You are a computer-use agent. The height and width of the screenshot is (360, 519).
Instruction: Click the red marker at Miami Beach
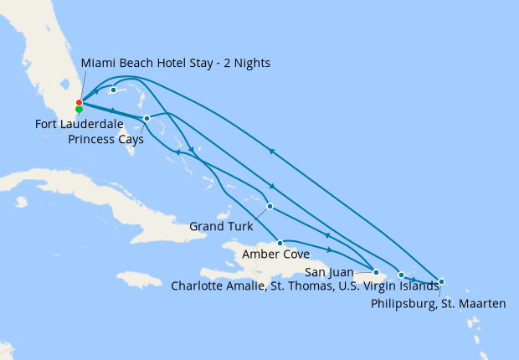click(x=79, y=103)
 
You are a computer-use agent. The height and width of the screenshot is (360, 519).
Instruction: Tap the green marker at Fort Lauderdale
click(x=79, y=110)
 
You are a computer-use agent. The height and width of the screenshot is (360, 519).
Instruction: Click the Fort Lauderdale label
click(x=83, y=125)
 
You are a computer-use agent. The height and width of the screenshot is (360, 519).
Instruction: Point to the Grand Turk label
click(x=219, y=225)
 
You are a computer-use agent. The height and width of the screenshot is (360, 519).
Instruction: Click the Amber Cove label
click(x=275, y=254)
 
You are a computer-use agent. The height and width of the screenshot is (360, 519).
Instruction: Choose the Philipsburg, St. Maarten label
click(x=438, y=303)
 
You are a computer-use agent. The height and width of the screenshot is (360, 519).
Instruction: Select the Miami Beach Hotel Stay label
click(x=176, y=64)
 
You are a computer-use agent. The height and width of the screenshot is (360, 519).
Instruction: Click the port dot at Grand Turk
click(x=270, y=206)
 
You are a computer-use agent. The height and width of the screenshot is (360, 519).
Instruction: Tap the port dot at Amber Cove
click(x=280, y=243)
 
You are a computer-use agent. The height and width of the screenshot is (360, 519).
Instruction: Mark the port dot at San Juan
click(x=376, y=272)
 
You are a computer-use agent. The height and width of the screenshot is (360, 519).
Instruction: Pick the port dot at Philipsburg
click(x=441, y=282)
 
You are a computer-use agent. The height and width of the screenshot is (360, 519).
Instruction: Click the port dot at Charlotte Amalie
click(x=401, y=275)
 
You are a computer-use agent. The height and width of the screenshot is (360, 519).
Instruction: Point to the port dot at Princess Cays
click(x=146, y=118)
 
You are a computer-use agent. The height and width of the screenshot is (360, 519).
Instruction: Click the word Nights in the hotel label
click(x=250, y=64)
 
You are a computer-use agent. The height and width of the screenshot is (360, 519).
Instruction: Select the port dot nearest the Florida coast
click(x=113, y=90)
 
